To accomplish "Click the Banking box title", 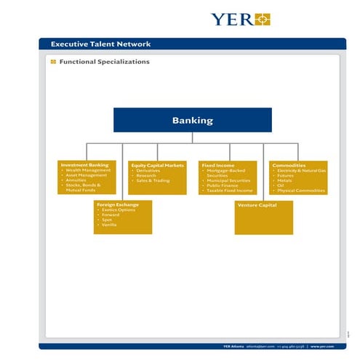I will click(192, 120).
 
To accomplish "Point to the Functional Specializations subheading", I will click(104, 62).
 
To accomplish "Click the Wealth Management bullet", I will click(88, 170).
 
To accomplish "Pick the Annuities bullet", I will click(77, 180).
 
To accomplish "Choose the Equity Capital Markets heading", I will click(158, 165).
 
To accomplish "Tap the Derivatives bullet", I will click(148, 170).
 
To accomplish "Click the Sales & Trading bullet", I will click(153, 180).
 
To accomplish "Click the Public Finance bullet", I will click(225, 185).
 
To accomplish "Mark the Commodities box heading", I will click(289, 165).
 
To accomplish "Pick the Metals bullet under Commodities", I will click(285, 180).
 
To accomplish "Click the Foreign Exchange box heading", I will click(118, 204).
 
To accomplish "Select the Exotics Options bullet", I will click(119, 210).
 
